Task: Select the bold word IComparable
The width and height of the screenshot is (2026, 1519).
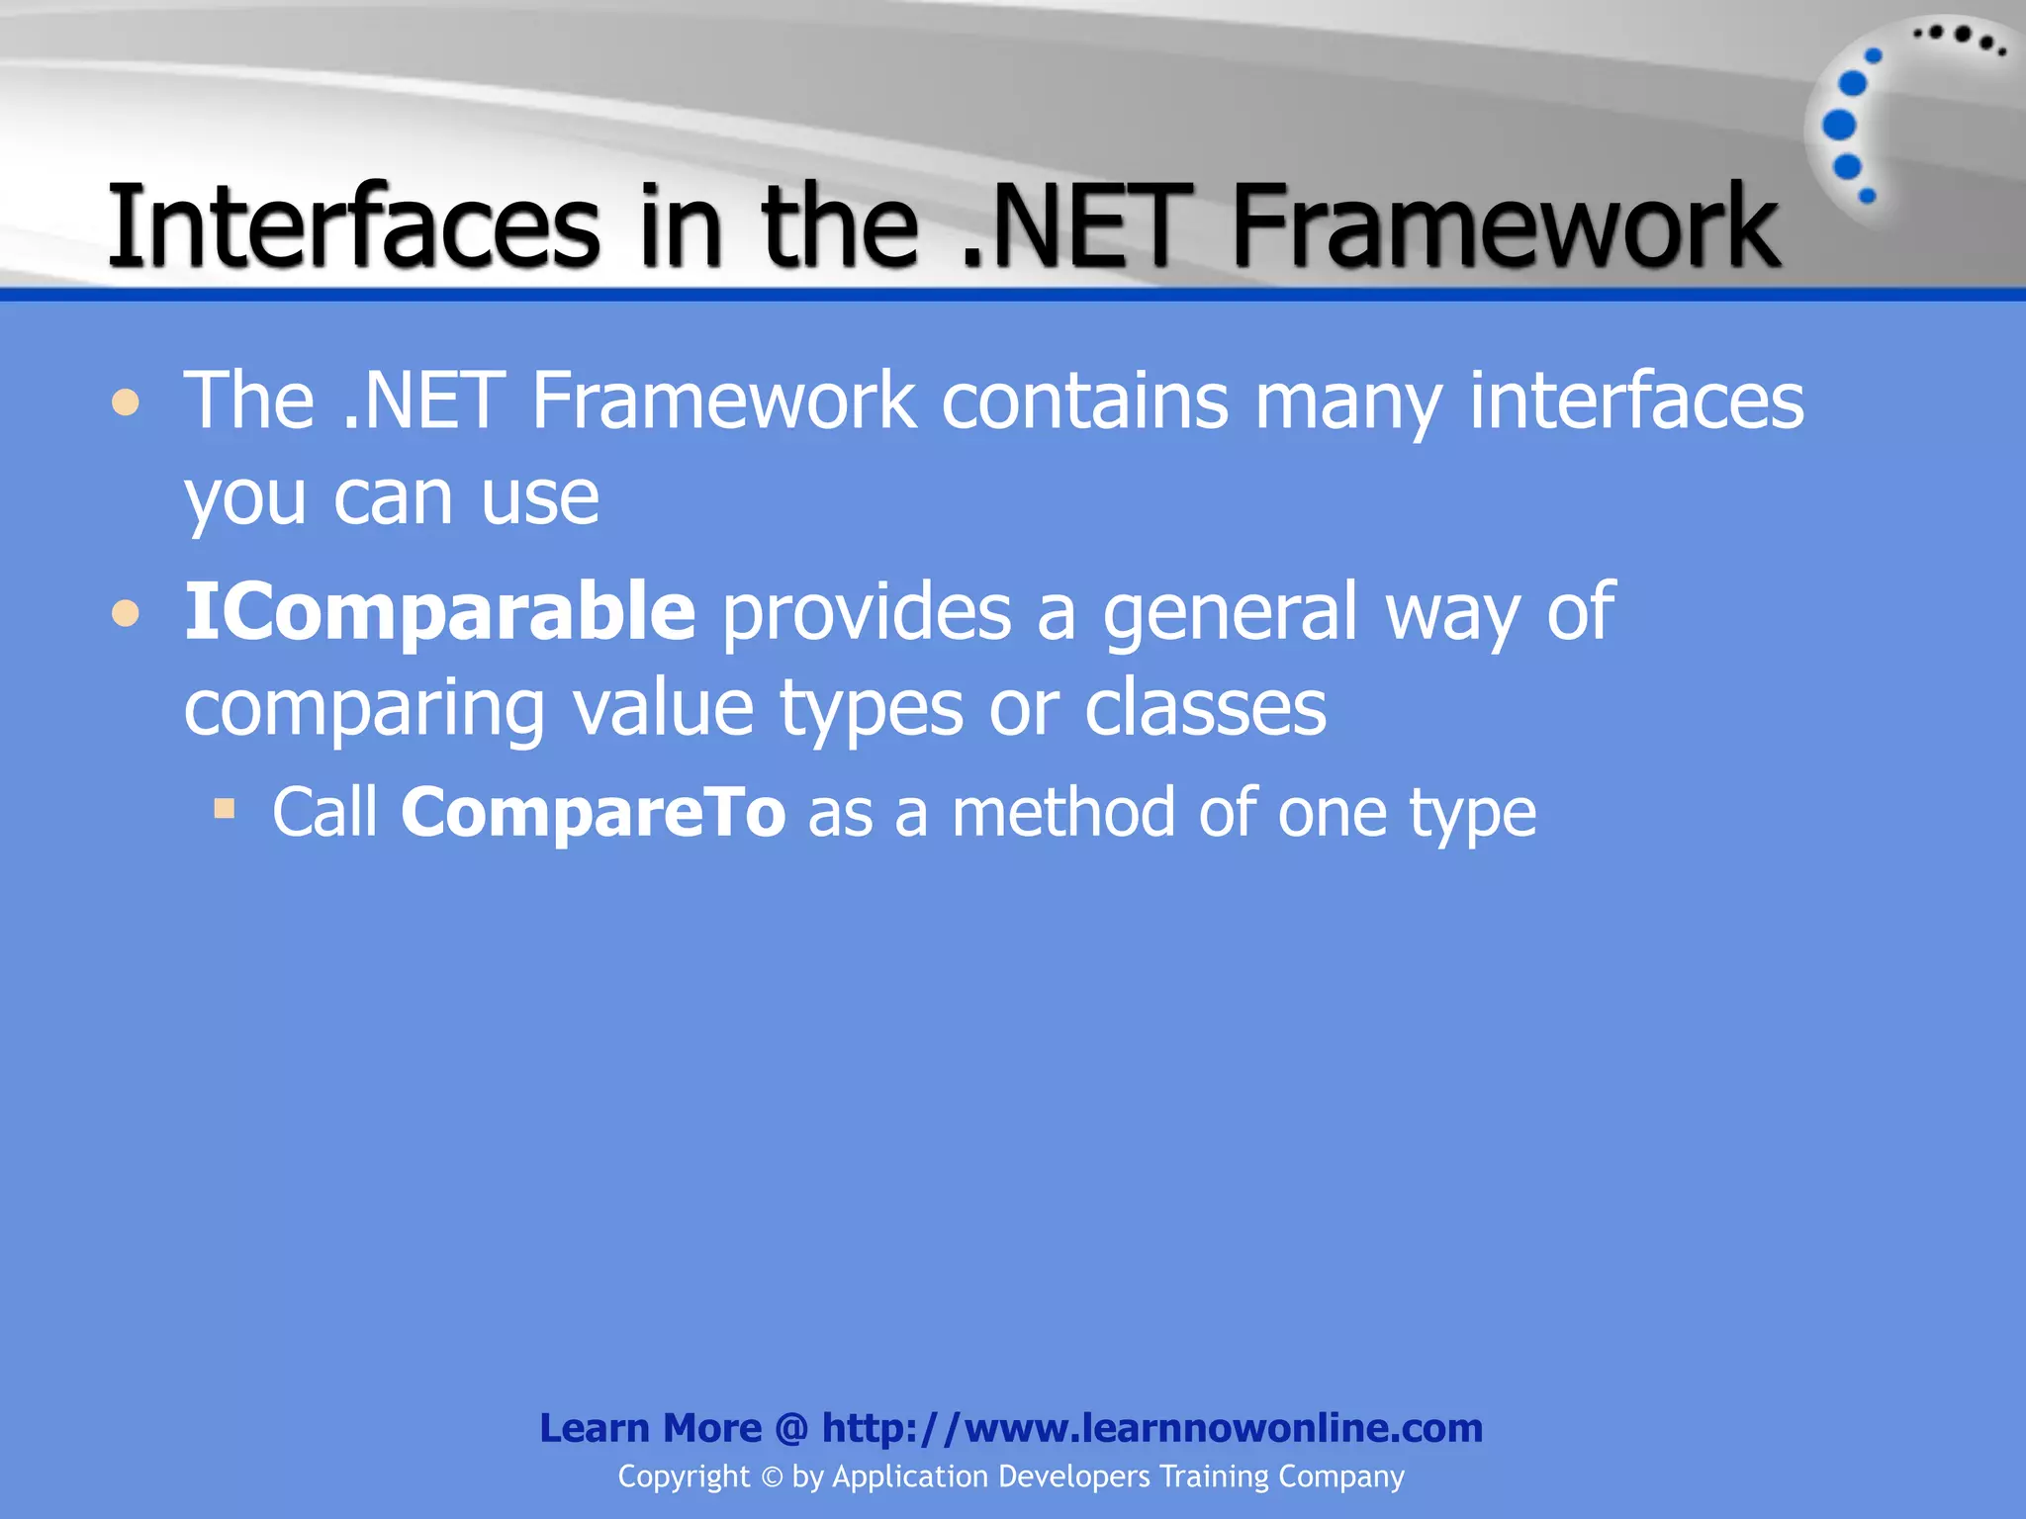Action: pyautogui.click(x=440, y=612)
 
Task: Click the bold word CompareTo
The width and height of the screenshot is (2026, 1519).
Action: pyautogui.click(x=593, y=813)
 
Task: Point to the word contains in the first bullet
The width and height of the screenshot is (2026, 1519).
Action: pyautogui.click(x=1084, y=402)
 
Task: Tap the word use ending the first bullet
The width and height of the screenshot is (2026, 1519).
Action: pyautogui.click(x=540, y=497)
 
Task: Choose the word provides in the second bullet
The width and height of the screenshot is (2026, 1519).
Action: pyautogui.click(x=867, y=612)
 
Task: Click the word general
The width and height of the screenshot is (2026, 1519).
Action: pyautogui.click(x=1230, y=612)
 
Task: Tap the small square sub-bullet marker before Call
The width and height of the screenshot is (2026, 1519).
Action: pyautogui.click(x=225, y=810)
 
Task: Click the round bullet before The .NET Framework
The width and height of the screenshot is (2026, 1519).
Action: pyautogui.click(x=126, y=403)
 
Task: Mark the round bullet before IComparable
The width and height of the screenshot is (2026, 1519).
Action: pyautogui.click(x=126, y=614)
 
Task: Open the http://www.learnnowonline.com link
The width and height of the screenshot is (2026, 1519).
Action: pyautogui.click(x=1151, y=1428)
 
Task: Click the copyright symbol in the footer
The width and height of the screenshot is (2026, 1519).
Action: pyautogui.click(x=772, y=1477)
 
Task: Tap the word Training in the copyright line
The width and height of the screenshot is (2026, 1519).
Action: pyautogui.click(x=1214, y=1476)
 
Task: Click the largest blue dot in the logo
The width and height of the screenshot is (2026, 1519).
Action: pyautogui.click(x=1839, y=125)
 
